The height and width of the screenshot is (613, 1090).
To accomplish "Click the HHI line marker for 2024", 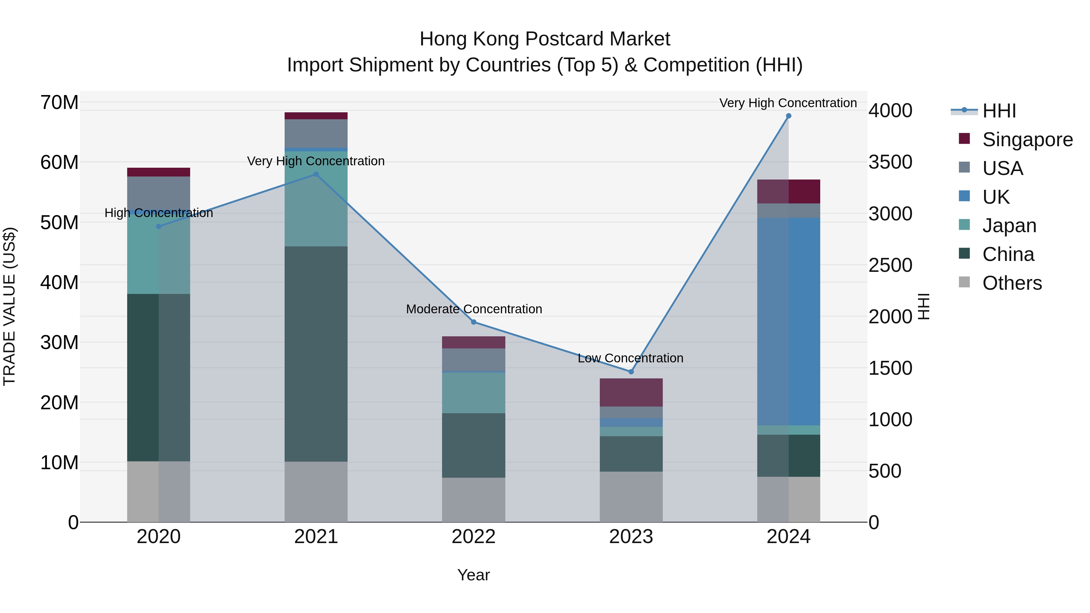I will tap(788, 116).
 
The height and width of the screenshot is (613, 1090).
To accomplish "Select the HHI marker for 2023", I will tap(631, 372).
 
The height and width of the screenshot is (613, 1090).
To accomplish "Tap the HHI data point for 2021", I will tap(316, 174).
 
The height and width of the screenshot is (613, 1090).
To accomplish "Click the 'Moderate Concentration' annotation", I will tap(474, 309).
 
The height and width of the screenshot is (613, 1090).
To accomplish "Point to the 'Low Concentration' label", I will tap(630, 358).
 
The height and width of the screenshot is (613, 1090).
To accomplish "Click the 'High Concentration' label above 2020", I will tap(159, 213).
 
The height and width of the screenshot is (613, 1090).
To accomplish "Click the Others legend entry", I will tap(1012, 283).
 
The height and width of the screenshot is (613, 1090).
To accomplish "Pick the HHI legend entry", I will tap(999, 111).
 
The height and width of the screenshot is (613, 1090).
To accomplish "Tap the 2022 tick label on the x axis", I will tap(474, 537).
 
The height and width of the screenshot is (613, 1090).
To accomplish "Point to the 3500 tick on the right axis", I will tap(890, 162).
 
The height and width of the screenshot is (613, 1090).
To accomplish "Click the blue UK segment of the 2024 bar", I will tap(788, 321).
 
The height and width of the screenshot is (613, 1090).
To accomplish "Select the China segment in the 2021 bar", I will tap(316, 354).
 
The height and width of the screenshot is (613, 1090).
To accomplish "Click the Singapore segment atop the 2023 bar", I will tap(631, 392).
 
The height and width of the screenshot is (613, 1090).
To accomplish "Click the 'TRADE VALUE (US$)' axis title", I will tap(9, 306).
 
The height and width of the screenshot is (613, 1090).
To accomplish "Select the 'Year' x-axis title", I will tap(474, 575).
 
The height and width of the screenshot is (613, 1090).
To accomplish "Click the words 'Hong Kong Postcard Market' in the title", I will tap(545, 39).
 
